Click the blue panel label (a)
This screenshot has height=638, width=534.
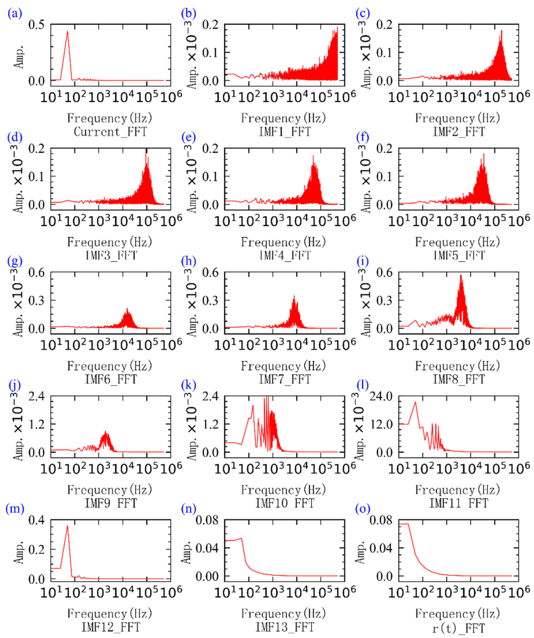pyautogui.click(x=15, y=14)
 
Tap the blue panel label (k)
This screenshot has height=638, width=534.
pyautogui.click(x=188, y=386)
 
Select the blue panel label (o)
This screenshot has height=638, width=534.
pyautogui.click(x=363, y=509)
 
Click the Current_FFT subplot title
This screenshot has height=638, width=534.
pyautogui.click(x=110, y=132)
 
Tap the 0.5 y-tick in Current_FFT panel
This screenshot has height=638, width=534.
pyautogui.click(x=36, y=25)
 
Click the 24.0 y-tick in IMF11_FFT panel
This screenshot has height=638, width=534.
pyautogui.click(x=381, y=396)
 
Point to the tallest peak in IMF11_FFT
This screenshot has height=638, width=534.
pyautogui.click(x=415, y=402)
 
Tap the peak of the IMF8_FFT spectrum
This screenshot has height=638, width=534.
pyautogui.click(x=461, y=275)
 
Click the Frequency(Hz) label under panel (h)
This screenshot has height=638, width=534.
pyautogui.click(x=283, y=366)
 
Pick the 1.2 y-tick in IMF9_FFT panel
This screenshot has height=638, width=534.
pyautogui.click(x=36, y=424)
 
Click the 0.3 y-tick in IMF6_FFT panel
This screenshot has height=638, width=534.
pyautogui.click(x=36, y=301)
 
